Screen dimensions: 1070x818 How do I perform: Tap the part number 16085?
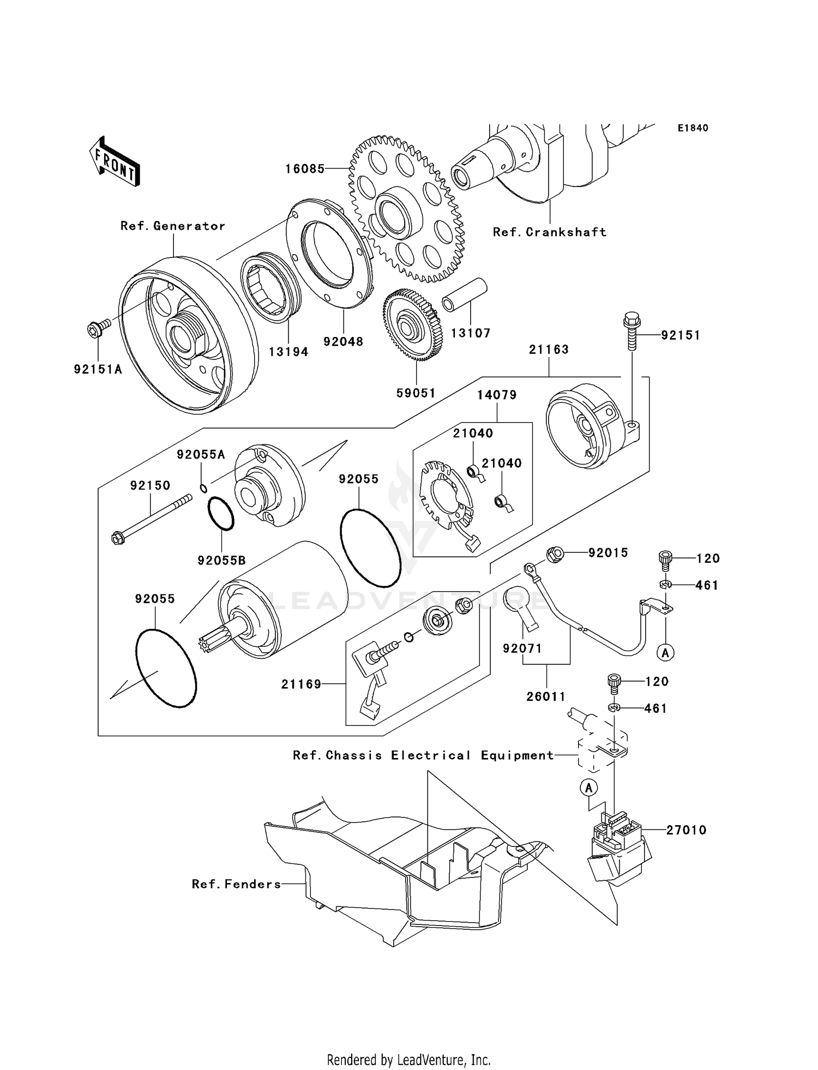tap(305, 169)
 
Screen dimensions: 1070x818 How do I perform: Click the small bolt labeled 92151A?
tap(98, 328)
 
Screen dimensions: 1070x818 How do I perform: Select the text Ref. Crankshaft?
tap(549, 232)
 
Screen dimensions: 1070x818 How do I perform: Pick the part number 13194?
tap(288, 352)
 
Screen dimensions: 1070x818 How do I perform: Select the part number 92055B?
tap(221, 560)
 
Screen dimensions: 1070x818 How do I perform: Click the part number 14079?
tap(497, 395)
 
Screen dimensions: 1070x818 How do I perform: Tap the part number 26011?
tap(546, 696)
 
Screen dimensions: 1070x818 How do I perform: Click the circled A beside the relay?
tap(588, 788)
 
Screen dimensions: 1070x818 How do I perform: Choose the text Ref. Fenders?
tap(236, 884)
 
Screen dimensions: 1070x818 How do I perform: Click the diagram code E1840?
tap(693, 128)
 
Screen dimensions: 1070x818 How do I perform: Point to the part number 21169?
tap(301, 684)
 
